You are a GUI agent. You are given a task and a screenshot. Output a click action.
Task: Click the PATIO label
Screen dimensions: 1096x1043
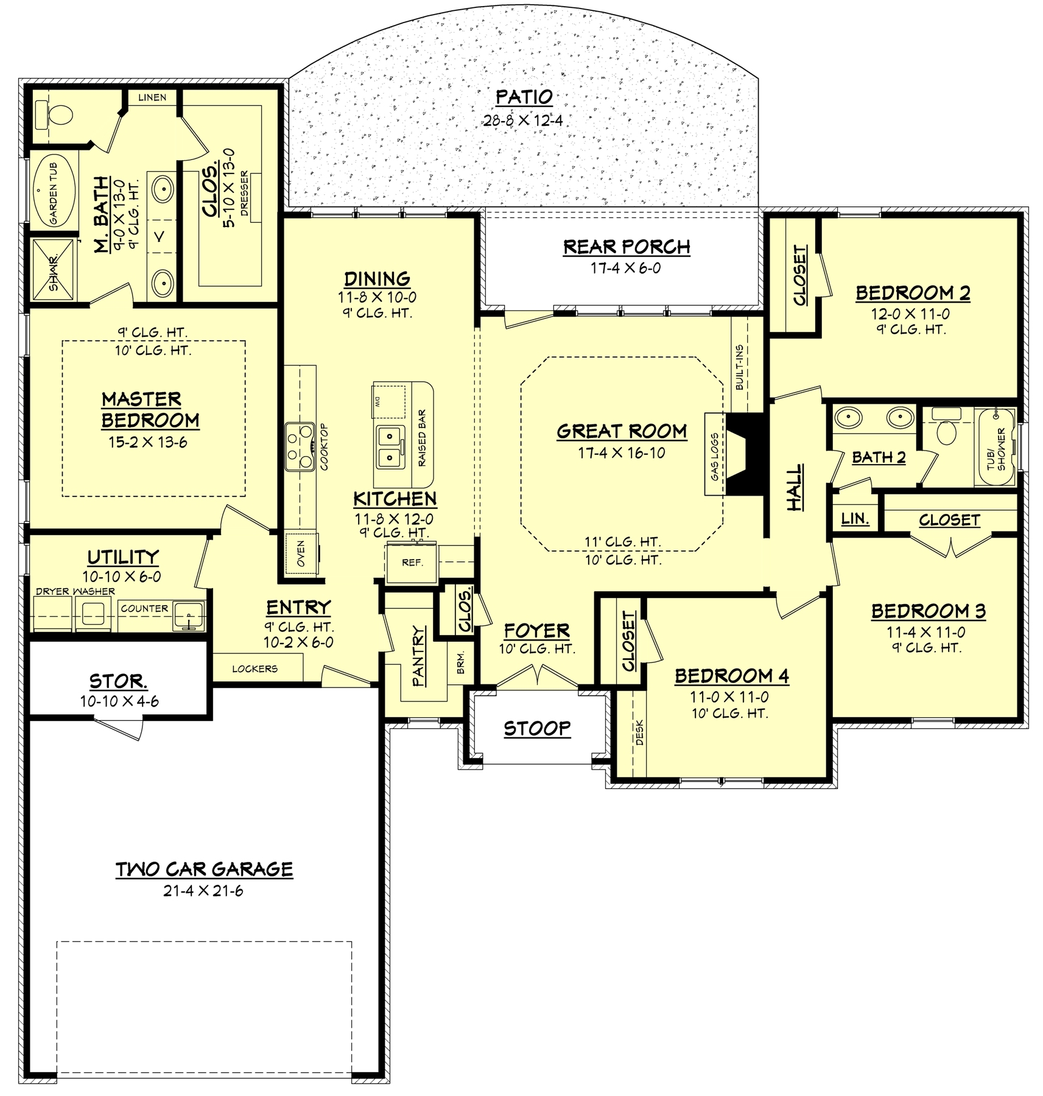tap(524, 97)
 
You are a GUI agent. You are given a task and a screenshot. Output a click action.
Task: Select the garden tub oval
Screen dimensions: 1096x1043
tap(54, 191)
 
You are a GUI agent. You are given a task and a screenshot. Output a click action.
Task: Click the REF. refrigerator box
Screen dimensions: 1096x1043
tap(412, 563)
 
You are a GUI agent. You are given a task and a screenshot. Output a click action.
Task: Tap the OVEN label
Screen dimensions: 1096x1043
tap(301, 553)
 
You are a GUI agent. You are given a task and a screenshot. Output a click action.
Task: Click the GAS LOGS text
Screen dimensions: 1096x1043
tap(714, 455)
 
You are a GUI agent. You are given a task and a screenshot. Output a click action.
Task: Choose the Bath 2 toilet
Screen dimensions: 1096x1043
tap(947, 429)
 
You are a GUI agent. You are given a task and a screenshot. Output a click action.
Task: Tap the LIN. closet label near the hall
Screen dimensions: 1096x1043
tap(855, 519)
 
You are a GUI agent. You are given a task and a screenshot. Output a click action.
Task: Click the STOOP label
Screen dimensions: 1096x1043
tap(537, 728)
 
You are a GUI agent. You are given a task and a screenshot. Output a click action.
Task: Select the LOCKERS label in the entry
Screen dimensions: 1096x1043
tap(255, 669)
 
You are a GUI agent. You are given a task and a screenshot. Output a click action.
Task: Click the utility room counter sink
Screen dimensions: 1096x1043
tap(189, 617)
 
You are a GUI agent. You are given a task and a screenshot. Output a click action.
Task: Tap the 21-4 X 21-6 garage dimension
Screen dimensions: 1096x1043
tap(203, 891)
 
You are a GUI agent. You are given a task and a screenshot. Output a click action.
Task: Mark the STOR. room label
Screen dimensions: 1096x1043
tap(118, 681)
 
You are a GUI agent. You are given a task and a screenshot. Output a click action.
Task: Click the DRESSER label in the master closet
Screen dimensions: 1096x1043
tap(244, 193)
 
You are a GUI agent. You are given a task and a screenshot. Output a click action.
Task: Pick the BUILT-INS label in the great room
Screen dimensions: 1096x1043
tap(739, 368)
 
